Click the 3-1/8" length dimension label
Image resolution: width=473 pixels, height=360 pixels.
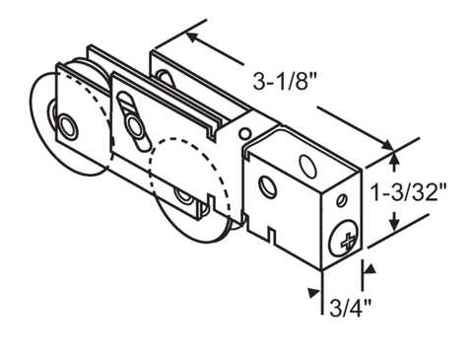click(285, 81)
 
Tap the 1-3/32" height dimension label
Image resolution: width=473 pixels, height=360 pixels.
click(409, 191)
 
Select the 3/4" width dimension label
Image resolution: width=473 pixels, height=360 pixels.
click(350, 308)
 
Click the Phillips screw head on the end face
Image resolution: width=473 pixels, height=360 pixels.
click(344, 239)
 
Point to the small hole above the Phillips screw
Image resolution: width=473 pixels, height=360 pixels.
click(342, 200)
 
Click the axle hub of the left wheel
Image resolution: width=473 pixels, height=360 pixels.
click(68, 126)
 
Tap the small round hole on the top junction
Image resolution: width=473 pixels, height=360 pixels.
click(244, 133)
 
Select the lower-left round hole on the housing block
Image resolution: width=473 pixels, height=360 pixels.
click(268, 187)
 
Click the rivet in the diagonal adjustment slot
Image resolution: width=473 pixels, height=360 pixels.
click(134, 124)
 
